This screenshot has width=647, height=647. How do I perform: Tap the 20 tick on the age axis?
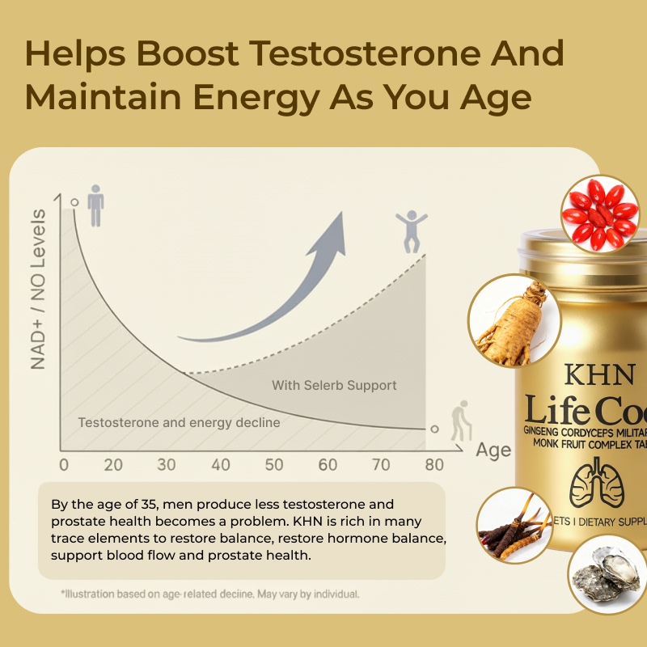pyautogui.click(x=113, y=465)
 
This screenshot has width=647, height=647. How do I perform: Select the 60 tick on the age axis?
pyautogui.click(x=328, y=465)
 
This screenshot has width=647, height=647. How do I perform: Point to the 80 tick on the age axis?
pyautogui.click(x=434, y=465)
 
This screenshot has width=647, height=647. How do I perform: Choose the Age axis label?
pyautogui.click(x=493, y=450)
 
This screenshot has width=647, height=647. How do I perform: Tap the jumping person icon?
pyautogui.click(x=410, y=232)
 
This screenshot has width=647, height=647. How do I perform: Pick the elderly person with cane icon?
pyautogui.click(x=460, y=420)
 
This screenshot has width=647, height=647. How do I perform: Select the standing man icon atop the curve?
pyautogui.click(x=96, y=205)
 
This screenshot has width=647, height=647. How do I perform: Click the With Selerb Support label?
pyautogui.click(x=334, y=385)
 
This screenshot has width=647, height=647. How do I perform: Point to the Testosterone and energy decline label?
pyautogui.click(x=179, y=422)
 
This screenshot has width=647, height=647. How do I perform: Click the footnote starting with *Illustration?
pyautogui.click(x=210, y=594)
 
